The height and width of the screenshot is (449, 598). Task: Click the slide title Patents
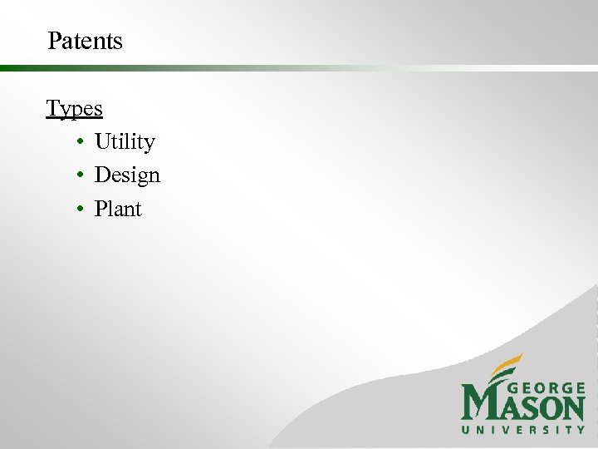pyautogui.click(x=85, y=41)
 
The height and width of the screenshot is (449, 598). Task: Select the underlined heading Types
pyautogui.click(x=74, y=109)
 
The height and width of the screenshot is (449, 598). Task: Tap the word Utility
pyautogui.click(x=125, y=142)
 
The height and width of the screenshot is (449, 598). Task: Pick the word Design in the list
pyautogui.click(x=127, y=175)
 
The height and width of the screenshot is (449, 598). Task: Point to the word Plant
pyautogui.click(x=118, y=209)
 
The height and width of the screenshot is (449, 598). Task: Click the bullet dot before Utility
pyautogui.click(x=76, y=143)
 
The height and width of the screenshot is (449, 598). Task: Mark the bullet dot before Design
pyautogui.click(x=76, y=176)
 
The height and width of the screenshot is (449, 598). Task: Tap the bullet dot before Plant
pyautogui.click(x=76, y=210)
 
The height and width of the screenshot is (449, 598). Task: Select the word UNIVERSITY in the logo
pyautogui.click(x=523, y=429)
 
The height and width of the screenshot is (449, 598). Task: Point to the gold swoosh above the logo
pyautogui.click(x=506, y=368)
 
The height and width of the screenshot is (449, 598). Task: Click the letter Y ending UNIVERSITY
pyautogui.click(x=581, y=429)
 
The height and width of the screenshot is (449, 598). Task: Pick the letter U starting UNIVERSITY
pyautogui.click(x=466, y=429)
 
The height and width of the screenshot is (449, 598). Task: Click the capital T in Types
pyautogui.click(x=52, y=109)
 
